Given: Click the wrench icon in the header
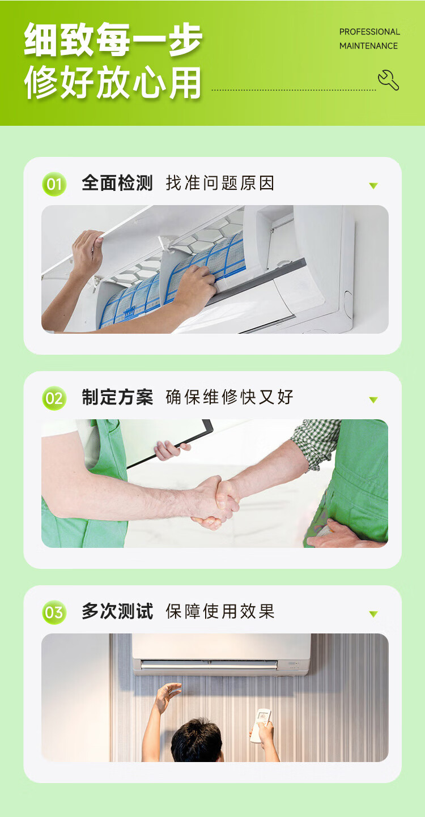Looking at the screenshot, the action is pos(388,80).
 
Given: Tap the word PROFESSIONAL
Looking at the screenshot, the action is pos(369,32).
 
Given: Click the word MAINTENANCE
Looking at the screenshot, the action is pos(368,46).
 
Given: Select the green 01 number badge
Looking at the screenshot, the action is pos(54,184).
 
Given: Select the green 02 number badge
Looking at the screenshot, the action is pos(54,398).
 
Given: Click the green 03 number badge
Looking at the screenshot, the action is pos(54,612).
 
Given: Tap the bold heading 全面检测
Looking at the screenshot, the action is pos(117,183).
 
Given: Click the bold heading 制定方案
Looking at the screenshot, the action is pos(117,397).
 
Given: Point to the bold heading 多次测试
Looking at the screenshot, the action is pos(117,611).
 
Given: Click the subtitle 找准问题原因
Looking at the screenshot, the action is pos(220,183).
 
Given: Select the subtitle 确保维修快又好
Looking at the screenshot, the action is pos(229,397).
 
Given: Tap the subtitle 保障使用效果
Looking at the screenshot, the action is pos(220,611).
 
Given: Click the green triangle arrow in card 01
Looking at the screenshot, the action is pos(373,186).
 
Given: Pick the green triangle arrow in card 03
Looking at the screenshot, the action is pos(373,614).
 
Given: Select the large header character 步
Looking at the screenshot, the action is pos(185,40).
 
